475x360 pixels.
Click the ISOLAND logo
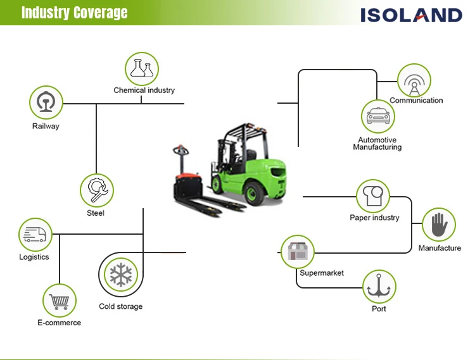[411, 14]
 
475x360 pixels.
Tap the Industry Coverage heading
[74, 13]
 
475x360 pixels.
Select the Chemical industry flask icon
[142, 68]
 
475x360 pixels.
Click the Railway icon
[46, 102]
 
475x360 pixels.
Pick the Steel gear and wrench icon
[97, 189]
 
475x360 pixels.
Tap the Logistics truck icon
[35, 235]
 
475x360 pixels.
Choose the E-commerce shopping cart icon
[60, 301]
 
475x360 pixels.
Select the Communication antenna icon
[414, 80]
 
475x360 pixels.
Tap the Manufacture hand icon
[439, 225]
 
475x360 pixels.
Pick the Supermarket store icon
[297, 251]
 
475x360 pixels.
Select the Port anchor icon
[379, 287]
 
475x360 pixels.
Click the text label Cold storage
[120, 307]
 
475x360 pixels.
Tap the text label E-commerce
[59, 323]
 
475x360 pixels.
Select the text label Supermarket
[322, 273]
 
